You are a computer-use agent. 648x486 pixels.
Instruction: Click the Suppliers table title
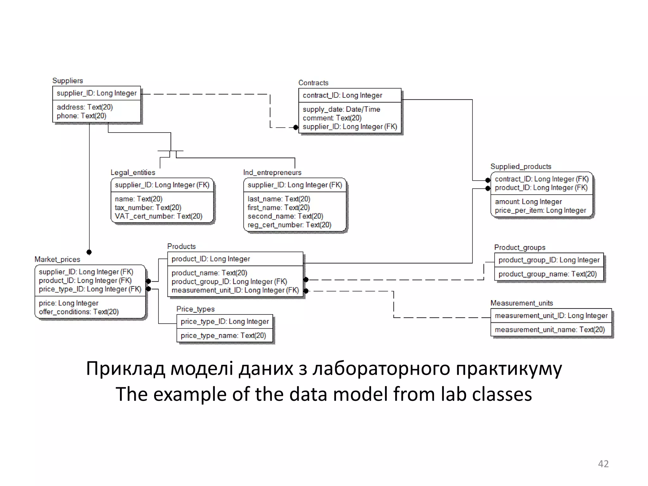coord(67,81)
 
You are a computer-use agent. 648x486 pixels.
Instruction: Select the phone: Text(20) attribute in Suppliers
coord(81,116)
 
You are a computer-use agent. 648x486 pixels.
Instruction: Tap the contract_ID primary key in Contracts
coord(342,95)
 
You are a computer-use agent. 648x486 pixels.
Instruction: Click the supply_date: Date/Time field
coord(341,109)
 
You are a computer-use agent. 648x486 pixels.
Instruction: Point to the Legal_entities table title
coord(133,172)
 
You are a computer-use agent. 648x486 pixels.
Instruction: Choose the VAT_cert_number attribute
coord(159,216)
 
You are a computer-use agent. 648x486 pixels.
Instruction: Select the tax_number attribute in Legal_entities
coord(148,208)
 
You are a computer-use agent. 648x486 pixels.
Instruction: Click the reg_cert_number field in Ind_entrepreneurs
coord(289,225)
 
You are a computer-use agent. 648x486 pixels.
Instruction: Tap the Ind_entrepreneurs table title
coord(272,172)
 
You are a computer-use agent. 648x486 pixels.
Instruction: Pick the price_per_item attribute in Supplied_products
coord(540,210)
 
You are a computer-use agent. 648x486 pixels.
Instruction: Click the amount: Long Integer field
coord(528,202)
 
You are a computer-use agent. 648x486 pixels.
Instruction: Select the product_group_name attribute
coord(547,274)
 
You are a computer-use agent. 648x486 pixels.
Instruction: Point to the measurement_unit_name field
coord(550,330)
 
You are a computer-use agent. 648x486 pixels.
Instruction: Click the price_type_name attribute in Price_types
coord(223,335)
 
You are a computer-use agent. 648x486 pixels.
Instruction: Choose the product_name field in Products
coord(209,273)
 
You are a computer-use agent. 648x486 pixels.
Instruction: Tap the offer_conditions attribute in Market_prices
coord(78,312)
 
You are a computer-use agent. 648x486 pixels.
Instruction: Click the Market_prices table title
coord(57,259)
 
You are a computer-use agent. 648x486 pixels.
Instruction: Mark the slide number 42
coord(603,464)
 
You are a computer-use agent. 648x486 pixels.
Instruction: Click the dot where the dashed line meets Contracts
coord(296,128)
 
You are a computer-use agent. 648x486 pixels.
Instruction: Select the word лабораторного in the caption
coord(381,369)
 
